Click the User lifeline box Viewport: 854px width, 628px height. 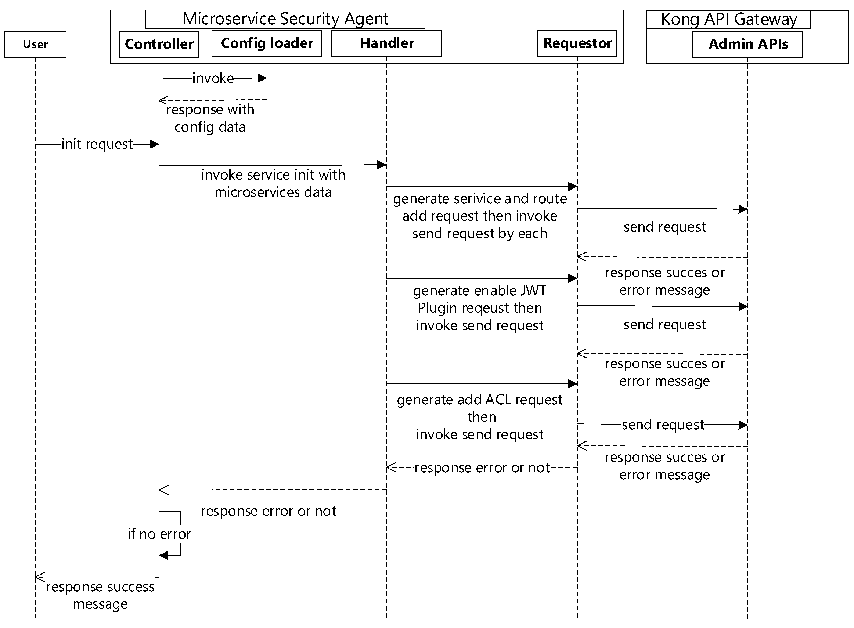[x=35, y=45]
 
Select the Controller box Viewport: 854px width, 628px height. [x=159, y=44]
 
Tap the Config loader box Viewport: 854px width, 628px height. [x=267, y=43]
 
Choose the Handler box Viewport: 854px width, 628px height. [x=386, y=43]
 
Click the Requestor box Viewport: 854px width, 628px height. [x=577, y=43]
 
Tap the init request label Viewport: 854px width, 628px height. [x=97, y=144]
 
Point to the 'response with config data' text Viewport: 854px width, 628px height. [x=210, y=118]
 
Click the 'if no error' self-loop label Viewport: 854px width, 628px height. [x=159, y=534]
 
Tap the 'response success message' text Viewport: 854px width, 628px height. [x=100, y=595]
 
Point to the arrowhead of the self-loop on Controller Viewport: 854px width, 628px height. [x=164, y=556]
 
